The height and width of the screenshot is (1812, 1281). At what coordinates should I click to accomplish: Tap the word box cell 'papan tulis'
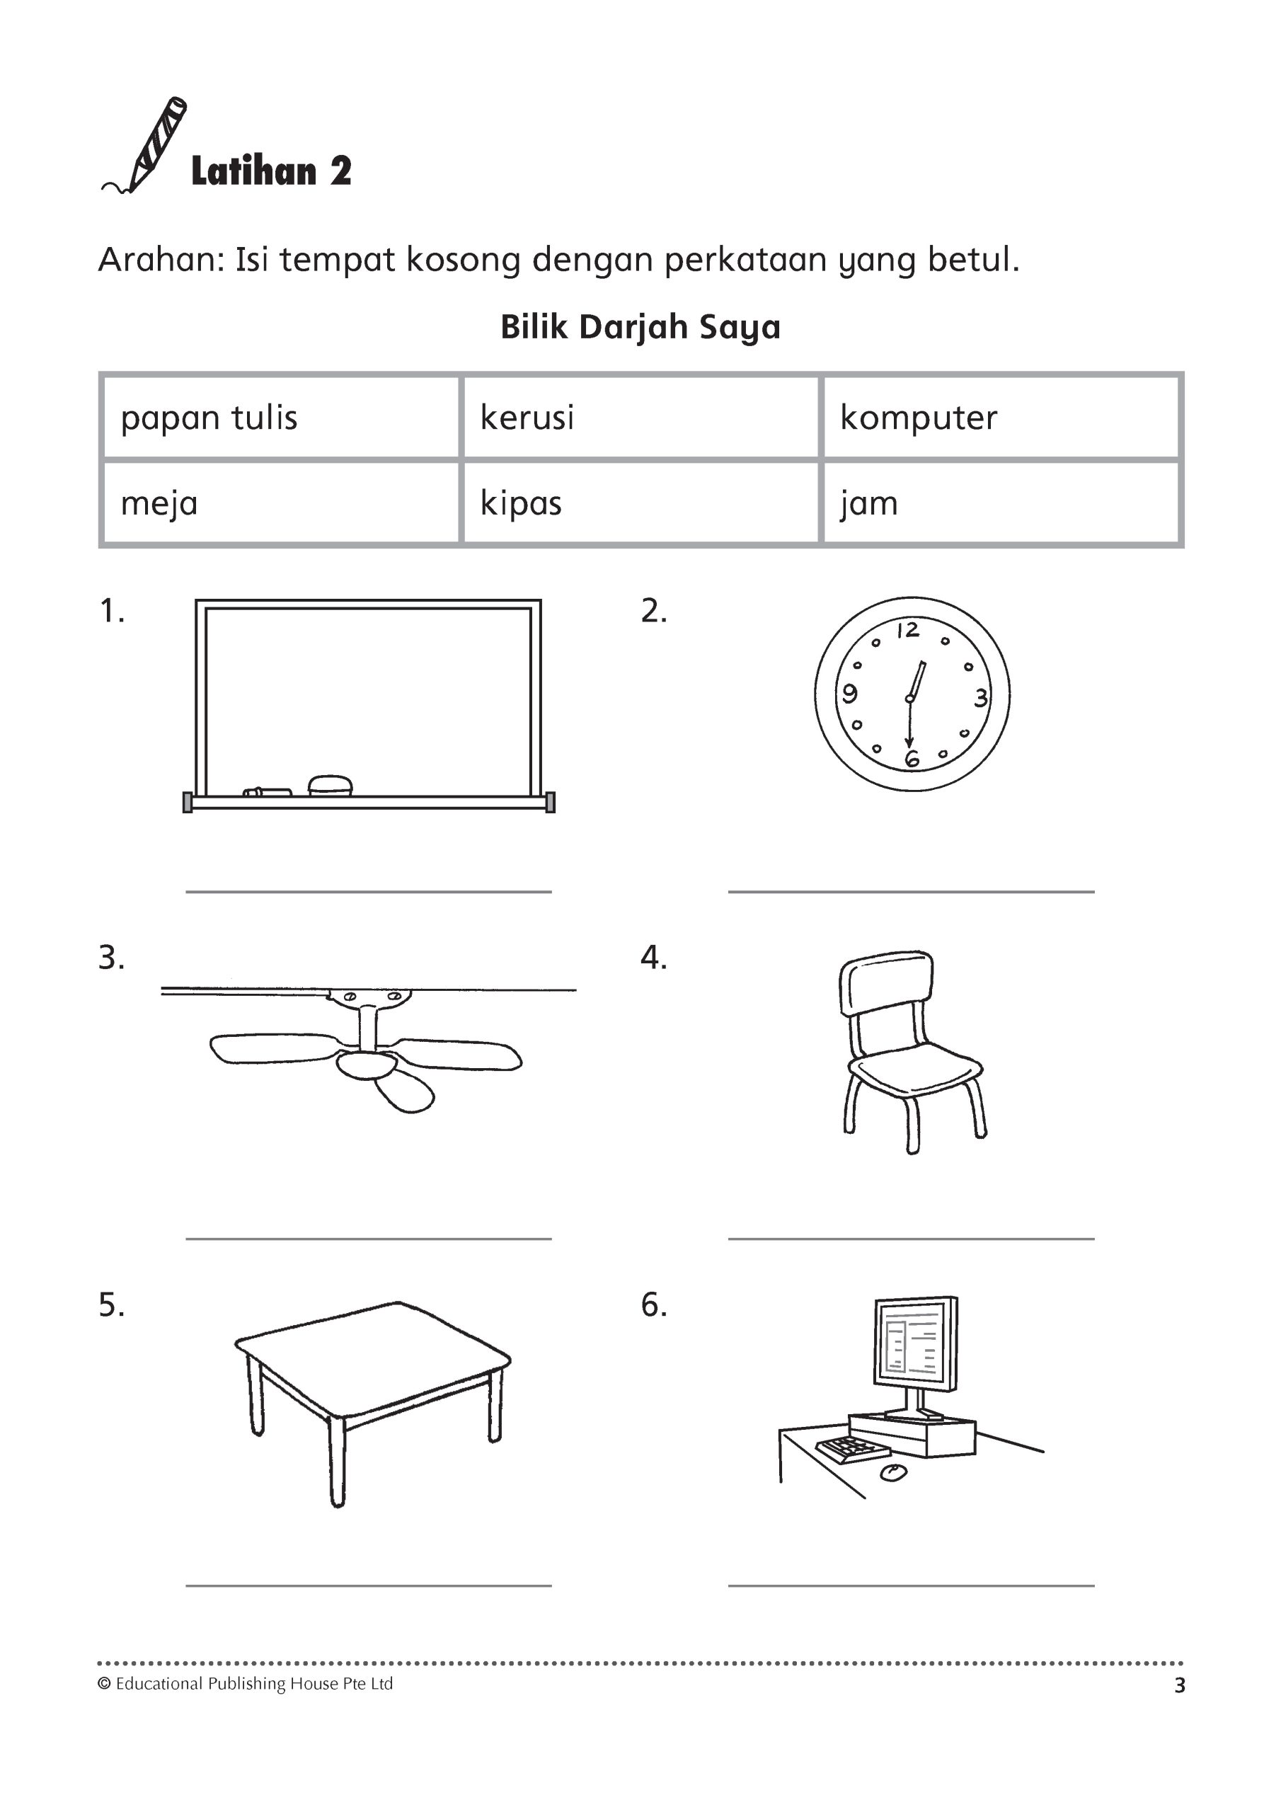pos(209,418)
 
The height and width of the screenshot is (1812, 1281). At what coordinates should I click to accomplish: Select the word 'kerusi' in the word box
pos(527,418)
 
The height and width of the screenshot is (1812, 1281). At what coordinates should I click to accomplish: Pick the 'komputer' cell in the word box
pos(918,418)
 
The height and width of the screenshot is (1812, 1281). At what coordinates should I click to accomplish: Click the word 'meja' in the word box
pos(159,503)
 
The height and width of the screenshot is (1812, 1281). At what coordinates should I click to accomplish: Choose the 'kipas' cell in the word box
pos(521,503)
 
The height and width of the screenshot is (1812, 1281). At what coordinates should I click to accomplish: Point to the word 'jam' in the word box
pos(868,503)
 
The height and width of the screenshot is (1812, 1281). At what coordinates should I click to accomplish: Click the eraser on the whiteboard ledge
pos(330,784)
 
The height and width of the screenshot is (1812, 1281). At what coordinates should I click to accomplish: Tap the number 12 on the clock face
pos(908,630)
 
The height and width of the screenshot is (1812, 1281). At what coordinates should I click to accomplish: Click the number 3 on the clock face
pos(980,698)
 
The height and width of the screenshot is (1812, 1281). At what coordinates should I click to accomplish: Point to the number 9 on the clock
pos(849,694)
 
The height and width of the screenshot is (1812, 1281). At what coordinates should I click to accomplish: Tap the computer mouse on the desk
pos(892,1472)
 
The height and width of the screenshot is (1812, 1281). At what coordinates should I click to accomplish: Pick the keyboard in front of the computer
pos(852,1449)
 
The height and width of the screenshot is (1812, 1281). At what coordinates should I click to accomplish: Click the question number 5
pos(111,1306)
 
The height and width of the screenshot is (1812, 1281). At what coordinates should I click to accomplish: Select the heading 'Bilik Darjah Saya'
pos(640,328)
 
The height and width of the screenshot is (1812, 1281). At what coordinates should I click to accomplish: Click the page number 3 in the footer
pos(1179,1686)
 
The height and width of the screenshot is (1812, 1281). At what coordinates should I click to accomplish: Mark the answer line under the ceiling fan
pos(369,1239)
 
